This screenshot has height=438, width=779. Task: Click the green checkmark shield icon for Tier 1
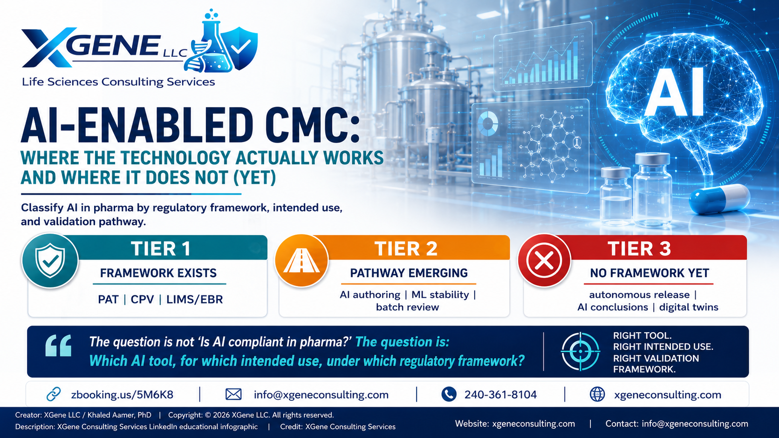tap(50, 261)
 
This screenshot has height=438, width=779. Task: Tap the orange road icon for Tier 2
tap(301, 261)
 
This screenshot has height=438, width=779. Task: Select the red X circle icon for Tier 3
tap(544, 261)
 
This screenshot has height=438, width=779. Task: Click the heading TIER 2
tap(406, 249)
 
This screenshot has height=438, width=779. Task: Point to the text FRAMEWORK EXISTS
tap(158, 273)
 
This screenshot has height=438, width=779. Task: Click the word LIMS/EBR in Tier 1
tap(194, 299)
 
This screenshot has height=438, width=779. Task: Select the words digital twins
tap(689, 307)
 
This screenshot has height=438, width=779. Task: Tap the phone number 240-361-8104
tap(500, 395)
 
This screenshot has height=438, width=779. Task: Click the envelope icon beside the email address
tap(233, 394)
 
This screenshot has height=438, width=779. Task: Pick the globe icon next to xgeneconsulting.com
tap(597, 394)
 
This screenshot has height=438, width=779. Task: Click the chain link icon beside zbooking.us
tap(54, 394)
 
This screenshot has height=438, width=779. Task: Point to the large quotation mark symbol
tap(58, 346)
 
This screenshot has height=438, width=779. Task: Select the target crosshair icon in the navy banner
tap(580, 351)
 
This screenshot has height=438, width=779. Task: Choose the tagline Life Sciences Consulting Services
tap(118, 82)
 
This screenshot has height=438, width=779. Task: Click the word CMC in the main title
tap(311, 125)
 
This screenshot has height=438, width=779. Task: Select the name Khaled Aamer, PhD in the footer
tap(119, 415)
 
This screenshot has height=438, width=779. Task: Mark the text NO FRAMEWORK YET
tap(649, 273)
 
